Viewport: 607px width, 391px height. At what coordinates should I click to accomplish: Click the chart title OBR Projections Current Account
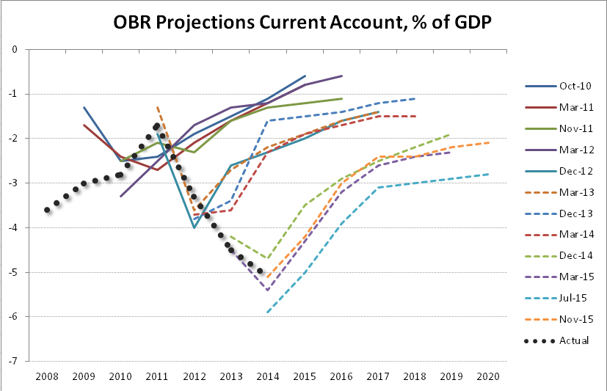click(x=302, y=23)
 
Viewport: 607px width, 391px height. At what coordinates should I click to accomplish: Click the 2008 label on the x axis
click(x=47, y=376)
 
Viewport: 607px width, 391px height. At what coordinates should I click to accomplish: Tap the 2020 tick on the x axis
click(x=488, y=376)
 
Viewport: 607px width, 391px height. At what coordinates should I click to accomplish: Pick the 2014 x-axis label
click(x=267, y=376)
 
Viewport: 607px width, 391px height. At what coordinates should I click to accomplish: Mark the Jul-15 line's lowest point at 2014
click(x=267, y=313)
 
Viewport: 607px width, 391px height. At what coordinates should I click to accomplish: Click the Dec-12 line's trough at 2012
click(x=194, y=228)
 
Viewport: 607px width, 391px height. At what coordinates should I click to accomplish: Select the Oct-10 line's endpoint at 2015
click(x=305, y=76)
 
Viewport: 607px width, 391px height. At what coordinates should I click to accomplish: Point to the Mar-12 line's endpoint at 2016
click(x=341, y=76)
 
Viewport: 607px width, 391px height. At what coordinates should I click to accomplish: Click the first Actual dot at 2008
click(x=47, y=210)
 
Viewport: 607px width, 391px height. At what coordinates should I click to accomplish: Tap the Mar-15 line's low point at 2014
click(x=267, y=290)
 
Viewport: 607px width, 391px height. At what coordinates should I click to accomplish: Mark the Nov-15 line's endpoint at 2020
click(x=488, y=143)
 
